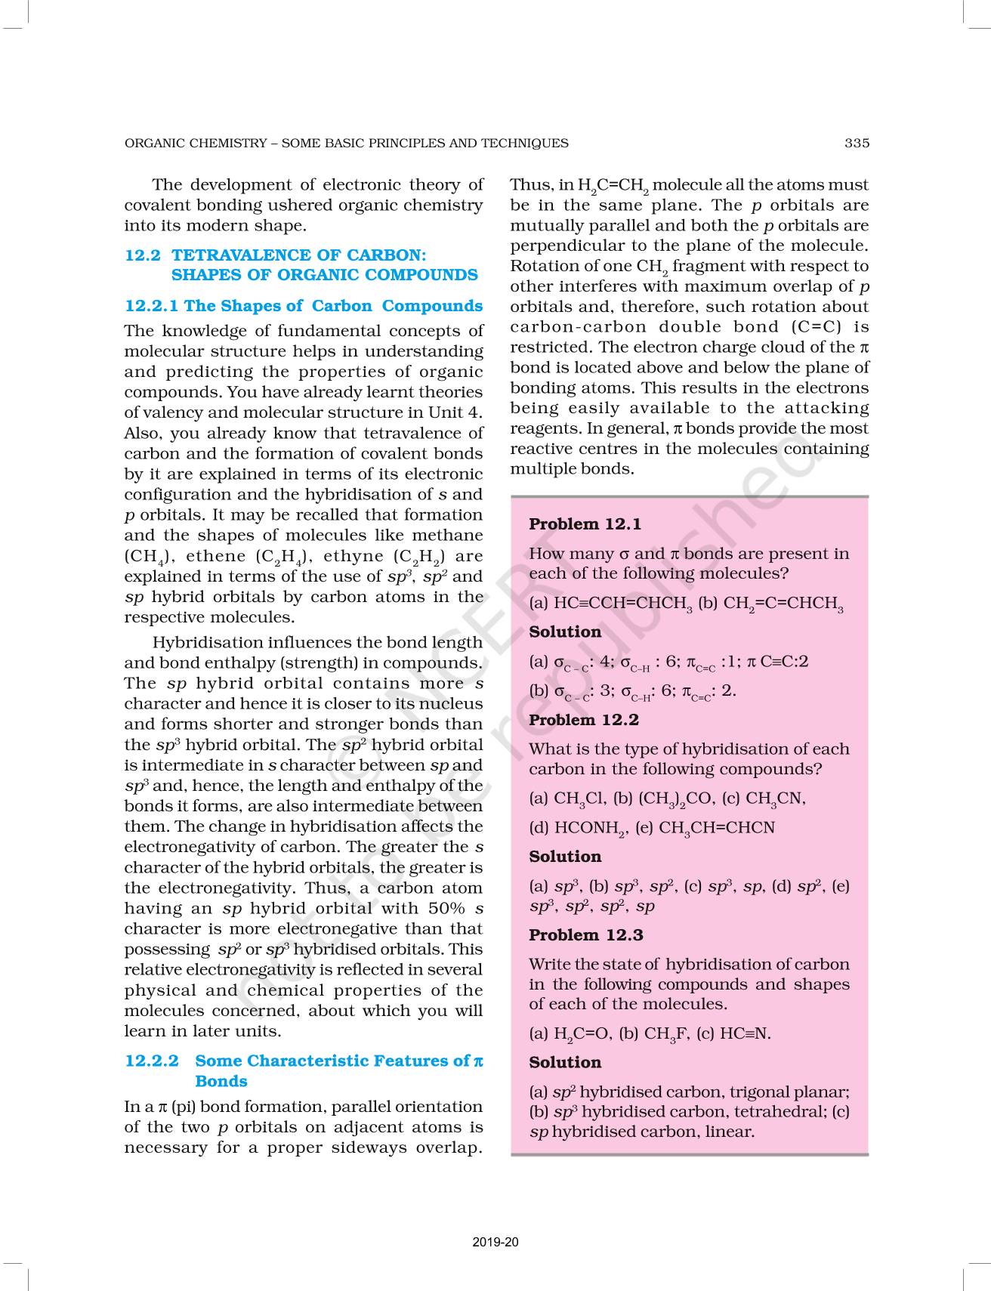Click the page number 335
[857, 143]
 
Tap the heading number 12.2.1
[151, 306]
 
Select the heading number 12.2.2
[151, 1061]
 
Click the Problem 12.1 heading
[585, 524]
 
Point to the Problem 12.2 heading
[584, 720]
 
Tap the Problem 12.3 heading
[585, 935]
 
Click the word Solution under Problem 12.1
[565, 632]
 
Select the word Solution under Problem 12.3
[565, 1062]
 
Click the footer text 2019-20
[495, 1242]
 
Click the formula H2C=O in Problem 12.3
[582, 1034]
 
